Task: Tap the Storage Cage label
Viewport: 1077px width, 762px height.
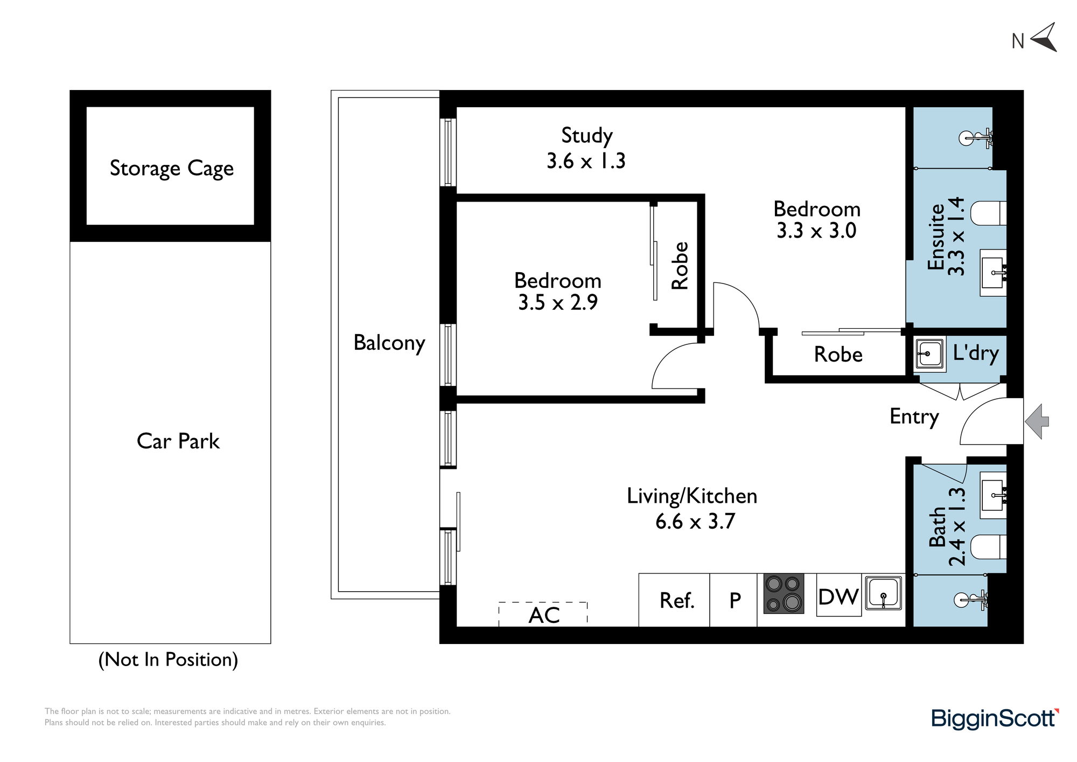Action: [172, 168]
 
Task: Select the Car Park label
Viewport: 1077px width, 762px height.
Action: [178, 441]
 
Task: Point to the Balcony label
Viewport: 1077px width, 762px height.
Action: [389, 343]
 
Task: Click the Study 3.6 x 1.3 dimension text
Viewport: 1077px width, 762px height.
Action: [586, 161]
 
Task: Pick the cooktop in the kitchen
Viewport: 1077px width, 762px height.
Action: [784, 593]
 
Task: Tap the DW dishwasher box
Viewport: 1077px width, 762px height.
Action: [838, 595]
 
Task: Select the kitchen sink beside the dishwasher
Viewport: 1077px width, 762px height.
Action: [883, 593]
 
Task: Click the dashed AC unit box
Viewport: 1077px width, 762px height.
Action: [543, 614]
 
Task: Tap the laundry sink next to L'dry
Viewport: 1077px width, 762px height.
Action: [929, 354]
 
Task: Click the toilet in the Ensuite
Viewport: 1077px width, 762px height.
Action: [988, 214]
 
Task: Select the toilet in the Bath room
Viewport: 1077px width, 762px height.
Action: [988, 547]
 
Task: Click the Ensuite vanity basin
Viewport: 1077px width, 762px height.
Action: [993, 273]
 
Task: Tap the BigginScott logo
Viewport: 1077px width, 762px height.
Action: [995, 719]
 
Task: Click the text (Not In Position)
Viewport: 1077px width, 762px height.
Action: [168, 660]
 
